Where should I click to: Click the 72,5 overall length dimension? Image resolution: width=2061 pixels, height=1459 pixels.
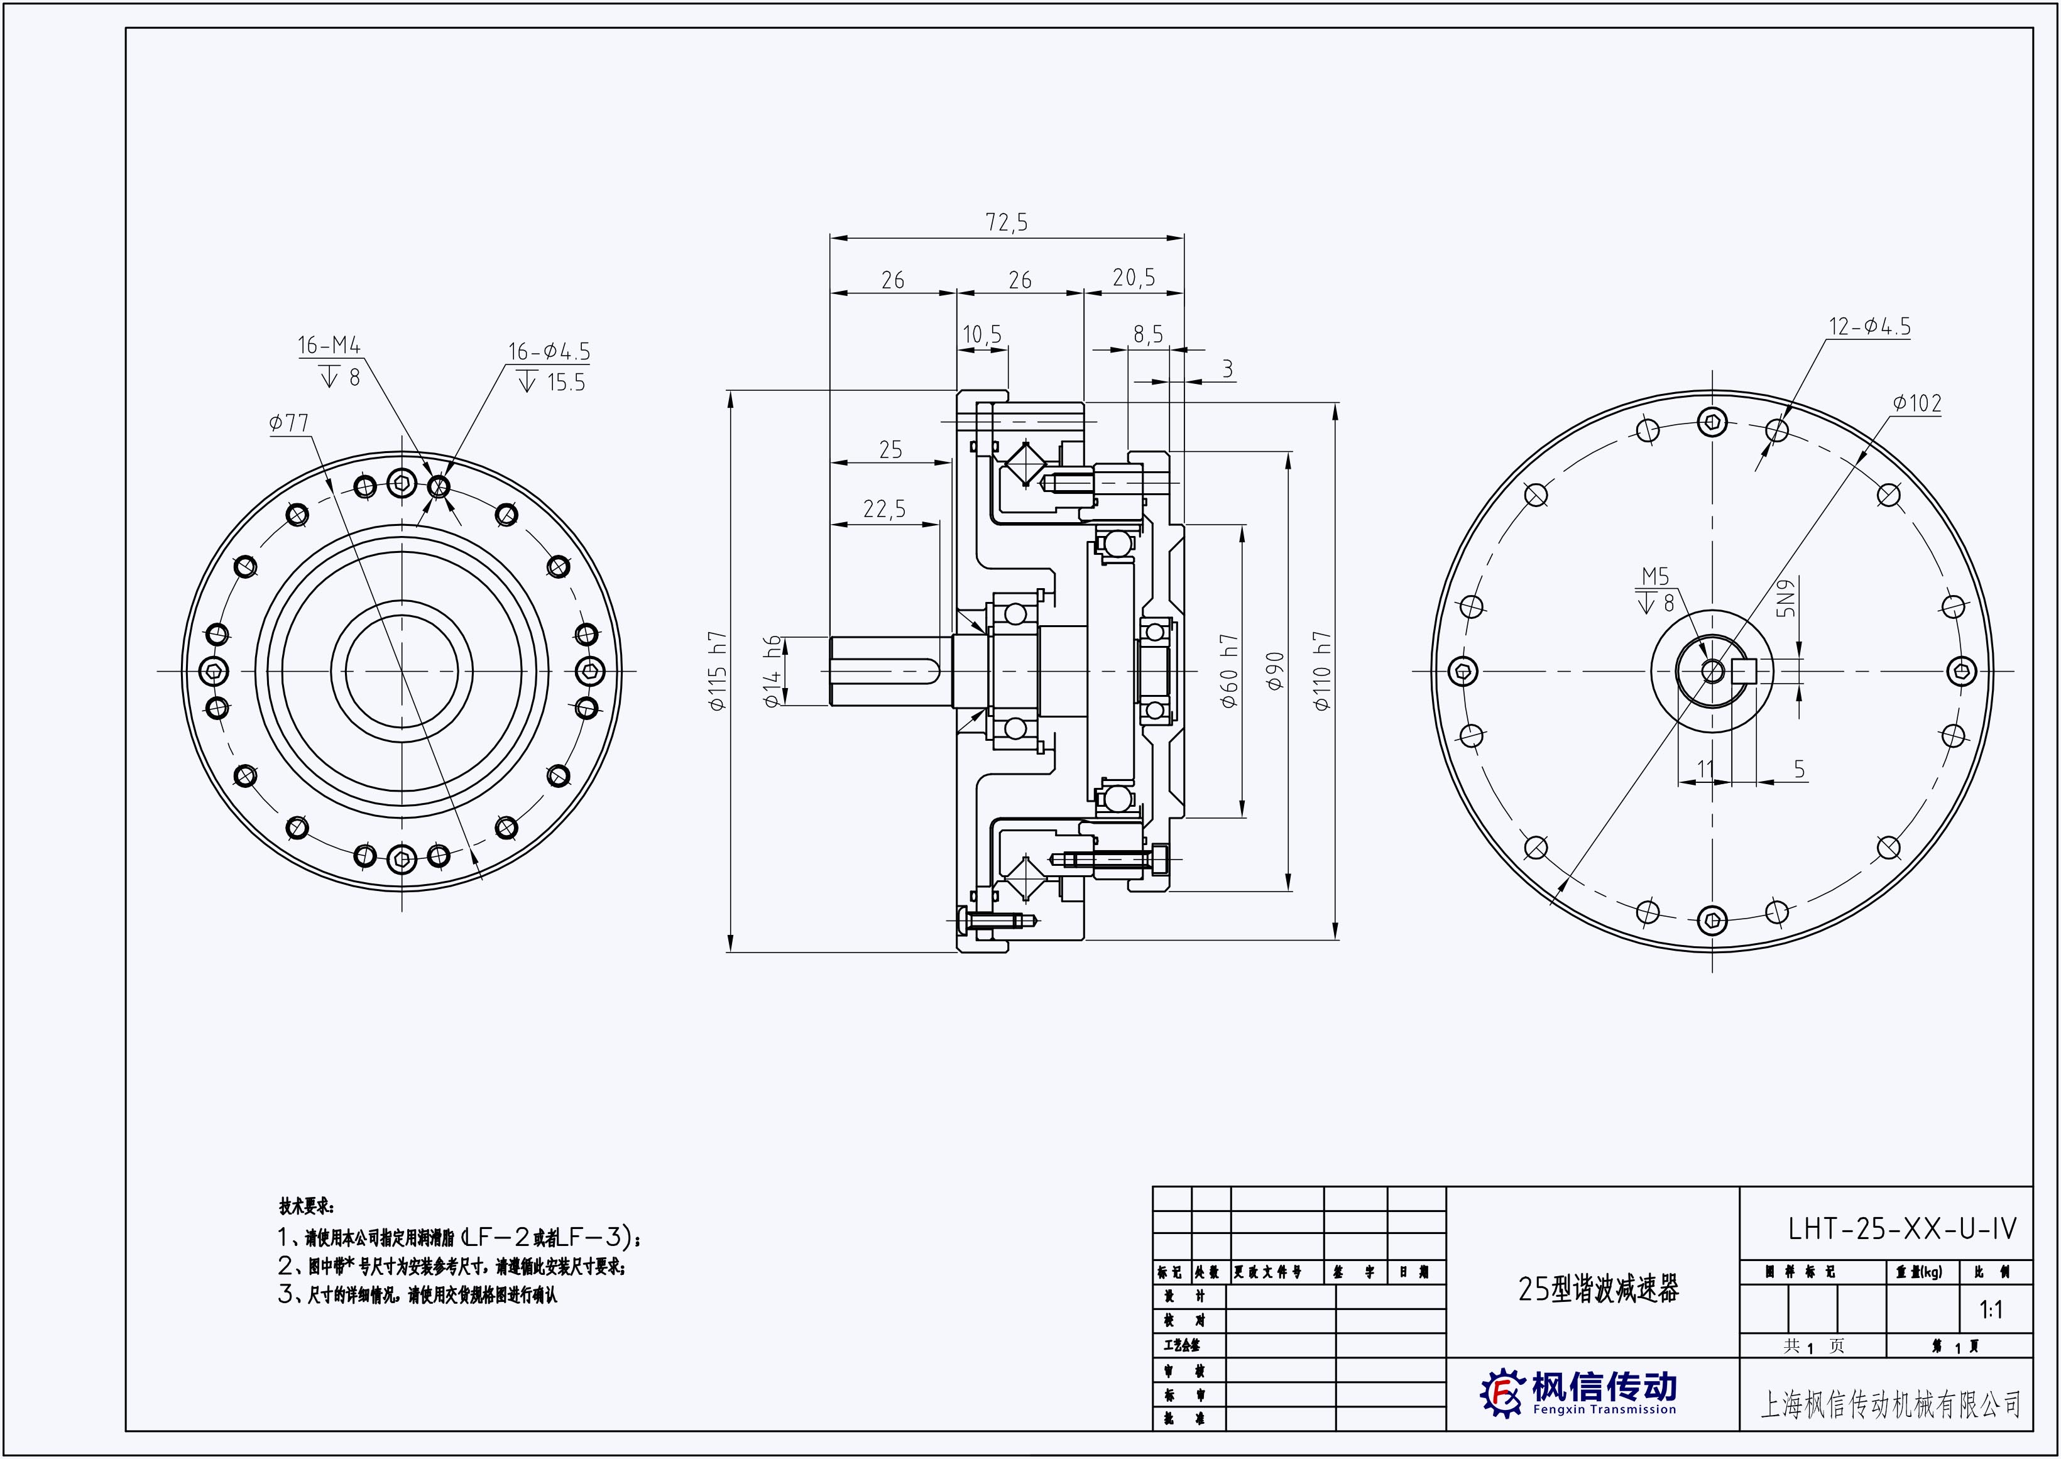tap(1006, 222)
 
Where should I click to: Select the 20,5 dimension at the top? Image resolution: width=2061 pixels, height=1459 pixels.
tap(1134, 278)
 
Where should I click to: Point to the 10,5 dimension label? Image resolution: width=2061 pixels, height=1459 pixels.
tap(982, 335)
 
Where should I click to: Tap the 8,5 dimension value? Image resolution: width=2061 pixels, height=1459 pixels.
tap(1147, 335)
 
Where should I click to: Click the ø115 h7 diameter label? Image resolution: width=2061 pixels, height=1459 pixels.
tap(718, 671)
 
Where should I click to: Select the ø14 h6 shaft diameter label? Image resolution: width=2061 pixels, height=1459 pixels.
tap(772, 671)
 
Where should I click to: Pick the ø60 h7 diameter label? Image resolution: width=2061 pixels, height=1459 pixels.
tap(1230, 671)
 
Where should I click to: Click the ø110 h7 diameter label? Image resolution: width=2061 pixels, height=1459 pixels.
tap(1321, 671)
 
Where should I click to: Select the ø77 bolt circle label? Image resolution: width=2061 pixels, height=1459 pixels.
tap(288, 422)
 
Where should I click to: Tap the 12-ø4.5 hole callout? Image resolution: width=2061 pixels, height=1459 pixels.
tap(1869, 326)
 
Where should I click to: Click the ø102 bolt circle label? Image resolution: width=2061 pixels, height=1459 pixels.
tap(1916, 403)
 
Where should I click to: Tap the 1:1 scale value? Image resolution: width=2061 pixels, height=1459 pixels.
tap(1991, 1311)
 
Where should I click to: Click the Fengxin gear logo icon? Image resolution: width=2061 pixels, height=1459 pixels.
tap(1502, 1394)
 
